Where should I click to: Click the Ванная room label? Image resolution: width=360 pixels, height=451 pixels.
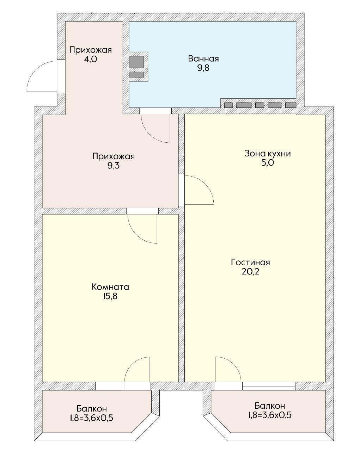point(203,58)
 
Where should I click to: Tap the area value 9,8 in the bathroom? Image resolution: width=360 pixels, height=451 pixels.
point(203,68)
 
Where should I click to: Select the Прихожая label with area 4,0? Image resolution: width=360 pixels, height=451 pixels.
point(90,50)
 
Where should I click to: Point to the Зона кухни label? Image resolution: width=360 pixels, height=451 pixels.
point(268,153)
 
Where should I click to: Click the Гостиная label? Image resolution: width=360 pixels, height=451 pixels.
point(250,262)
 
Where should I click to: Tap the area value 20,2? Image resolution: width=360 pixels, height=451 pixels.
point(250,272)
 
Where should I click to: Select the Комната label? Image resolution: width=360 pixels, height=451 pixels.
point(110,287)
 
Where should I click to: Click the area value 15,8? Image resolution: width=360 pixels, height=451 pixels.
point(110,296)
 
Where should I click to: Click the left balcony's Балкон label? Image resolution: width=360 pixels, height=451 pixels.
point(92,409)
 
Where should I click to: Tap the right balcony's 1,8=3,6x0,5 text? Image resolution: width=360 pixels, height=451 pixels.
point(269,415)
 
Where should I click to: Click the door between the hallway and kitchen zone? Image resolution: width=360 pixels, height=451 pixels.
point(198,190)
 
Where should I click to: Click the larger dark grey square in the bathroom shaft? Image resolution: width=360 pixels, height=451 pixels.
point(136,62)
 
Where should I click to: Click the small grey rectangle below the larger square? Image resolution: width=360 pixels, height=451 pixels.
point(136,74)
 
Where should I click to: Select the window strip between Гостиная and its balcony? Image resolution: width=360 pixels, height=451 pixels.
point(269,386)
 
